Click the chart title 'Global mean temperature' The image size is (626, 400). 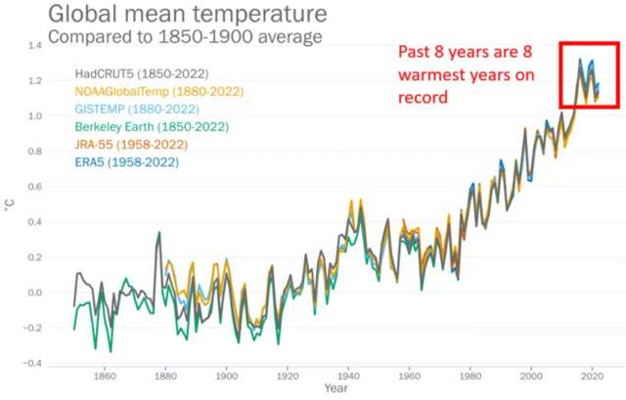point(183,15)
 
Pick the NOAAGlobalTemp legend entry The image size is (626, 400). point(159,92)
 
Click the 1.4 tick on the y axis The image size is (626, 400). point(35,46)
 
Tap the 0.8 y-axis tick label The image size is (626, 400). point(35,152)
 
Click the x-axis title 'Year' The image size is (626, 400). point(335,388)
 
